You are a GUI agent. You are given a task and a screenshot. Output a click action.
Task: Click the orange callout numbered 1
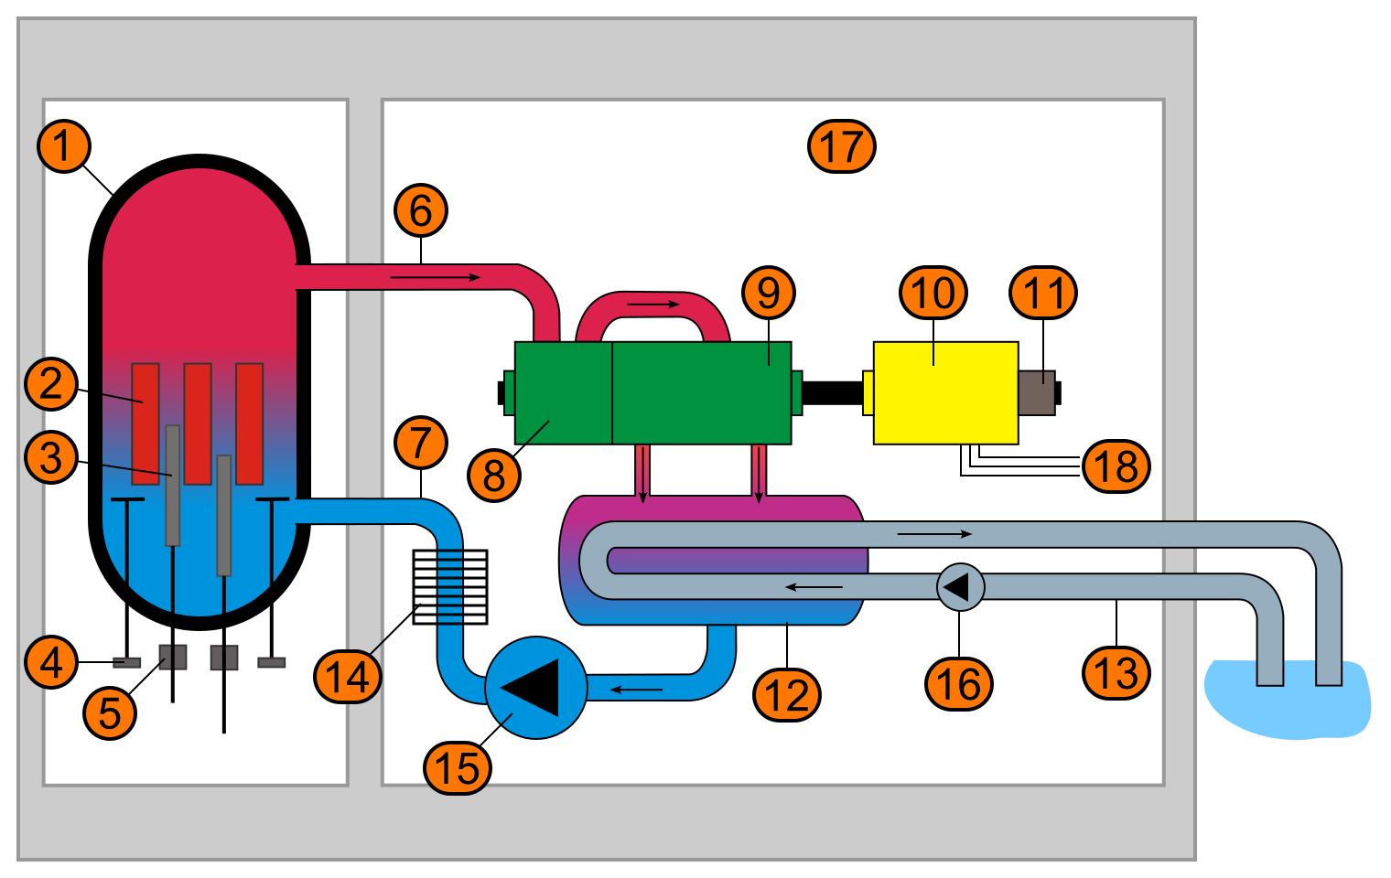click(x=62, y=147)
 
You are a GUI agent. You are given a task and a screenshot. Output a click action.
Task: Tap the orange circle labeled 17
click(x=842, y=145)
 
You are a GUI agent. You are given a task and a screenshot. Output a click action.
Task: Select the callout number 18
click(x=1116, y=466)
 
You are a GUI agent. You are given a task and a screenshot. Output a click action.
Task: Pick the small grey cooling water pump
click(x=960, y=585)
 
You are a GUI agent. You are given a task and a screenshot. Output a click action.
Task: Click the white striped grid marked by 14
click(x=450, y=587)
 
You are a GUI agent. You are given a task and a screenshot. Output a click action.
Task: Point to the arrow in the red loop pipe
click(x=652, y=304)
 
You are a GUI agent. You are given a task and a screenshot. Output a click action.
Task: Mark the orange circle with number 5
click(x=110, y=712)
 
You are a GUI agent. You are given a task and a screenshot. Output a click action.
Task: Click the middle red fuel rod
click(x=198, y=423)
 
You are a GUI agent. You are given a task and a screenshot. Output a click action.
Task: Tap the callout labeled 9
click(x=769, y=293)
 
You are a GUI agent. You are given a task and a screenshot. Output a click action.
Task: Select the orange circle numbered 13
click(x=1116, y=674)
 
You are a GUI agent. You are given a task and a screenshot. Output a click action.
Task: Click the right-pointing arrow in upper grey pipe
click(x=934, y=532)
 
